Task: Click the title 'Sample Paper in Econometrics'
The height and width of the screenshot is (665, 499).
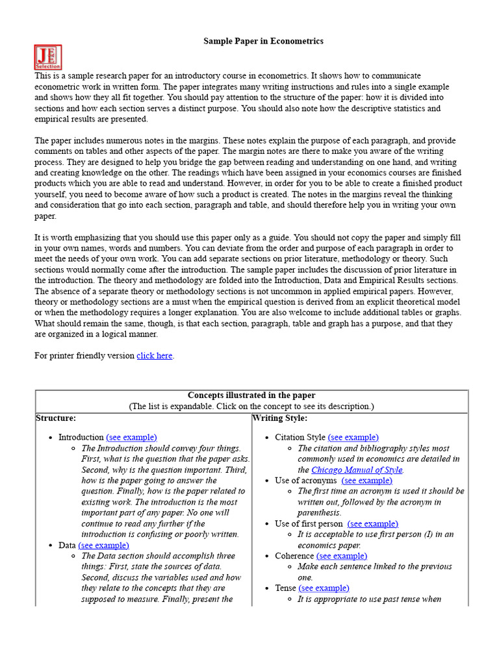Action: tap(264, 41)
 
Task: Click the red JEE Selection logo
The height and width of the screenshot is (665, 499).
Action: tap(48, 57)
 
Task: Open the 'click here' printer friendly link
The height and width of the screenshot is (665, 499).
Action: tap(155, 356)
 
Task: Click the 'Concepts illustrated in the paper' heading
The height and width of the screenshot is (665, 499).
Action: tap(251, 395)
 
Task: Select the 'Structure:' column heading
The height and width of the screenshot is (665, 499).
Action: tap(56, 418)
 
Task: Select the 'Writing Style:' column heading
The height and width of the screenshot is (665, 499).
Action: tap(280, 418)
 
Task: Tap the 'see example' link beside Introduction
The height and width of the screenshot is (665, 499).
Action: tap(131, 438)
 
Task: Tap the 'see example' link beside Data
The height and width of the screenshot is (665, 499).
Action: tap(103, 546)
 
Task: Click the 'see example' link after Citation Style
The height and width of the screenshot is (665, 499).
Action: tap(353, 438)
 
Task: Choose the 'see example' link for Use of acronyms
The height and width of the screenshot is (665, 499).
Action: tap(367, 481)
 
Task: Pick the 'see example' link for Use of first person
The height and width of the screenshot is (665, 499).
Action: tap(373, 523)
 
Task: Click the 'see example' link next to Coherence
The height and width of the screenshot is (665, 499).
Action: tap(342, 556)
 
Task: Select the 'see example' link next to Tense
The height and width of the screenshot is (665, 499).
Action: tap(324, 588)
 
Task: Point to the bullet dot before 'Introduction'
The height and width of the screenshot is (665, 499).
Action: tap(51, 438)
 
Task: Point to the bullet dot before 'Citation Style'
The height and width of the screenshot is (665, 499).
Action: tap(267, 438)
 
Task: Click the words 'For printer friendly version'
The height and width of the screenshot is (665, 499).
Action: tap(84, 356)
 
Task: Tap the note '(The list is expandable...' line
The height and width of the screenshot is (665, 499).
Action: tap(251, 407)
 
